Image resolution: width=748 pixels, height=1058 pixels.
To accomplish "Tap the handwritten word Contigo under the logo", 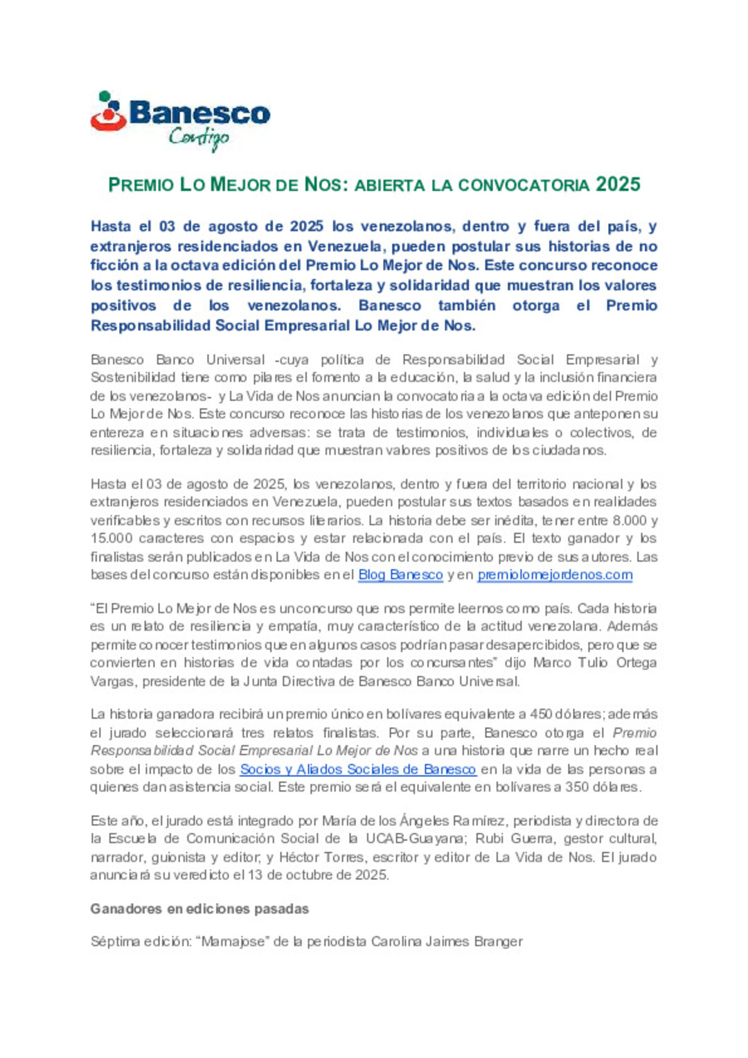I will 199,138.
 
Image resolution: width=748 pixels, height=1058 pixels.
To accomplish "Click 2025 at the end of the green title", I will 618,185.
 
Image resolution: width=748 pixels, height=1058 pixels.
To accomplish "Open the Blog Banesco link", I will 400,575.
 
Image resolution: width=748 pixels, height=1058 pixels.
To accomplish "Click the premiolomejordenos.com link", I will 555,575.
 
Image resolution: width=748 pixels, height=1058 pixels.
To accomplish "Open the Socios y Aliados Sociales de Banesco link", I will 358,769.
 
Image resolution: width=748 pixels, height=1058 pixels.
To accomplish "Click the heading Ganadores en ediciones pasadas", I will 199,909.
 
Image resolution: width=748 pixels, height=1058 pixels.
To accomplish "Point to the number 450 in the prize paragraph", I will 542,715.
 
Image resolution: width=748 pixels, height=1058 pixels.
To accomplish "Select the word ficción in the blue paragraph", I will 114,266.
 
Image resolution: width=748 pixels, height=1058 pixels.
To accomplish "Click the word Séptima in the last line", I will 114,942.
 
